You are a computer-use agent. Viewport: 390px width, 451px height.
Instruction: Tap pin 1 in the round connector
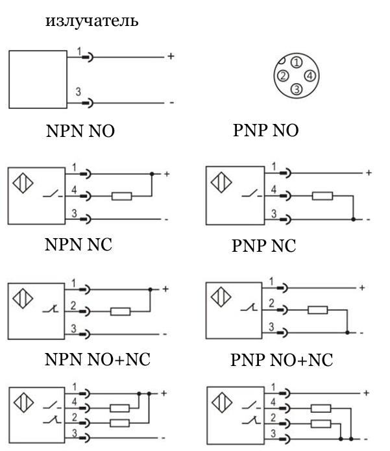pyautogui.click(x=296, y=62)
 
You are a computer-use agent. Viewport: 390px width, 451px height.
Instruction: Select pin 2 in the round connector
pyautogui.click(x=282, y=75)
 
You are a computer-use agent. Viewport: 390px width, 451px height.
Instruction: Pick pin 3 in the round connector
pyautogui.click(x=296, y=89)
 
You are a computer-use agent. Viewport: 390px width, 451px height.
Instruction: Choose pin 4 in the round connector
pyautogui.click(x=310, y=75)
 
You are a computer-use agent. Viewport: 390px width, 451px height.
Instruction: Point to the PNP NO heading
pyautogui.click(x=265, y=132)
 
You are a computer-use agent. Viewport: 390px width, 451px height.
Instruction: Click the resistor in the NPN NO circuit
pyautogui.click(x=121, y=195)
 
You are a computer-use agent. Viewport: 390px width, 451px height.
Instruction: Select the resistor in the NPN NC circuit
pyautogui.click(x=121, y=311)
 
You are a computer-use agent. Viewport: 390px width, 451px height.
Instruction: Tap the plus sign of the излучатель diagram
pyautogui.click(x=171, y=56)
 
